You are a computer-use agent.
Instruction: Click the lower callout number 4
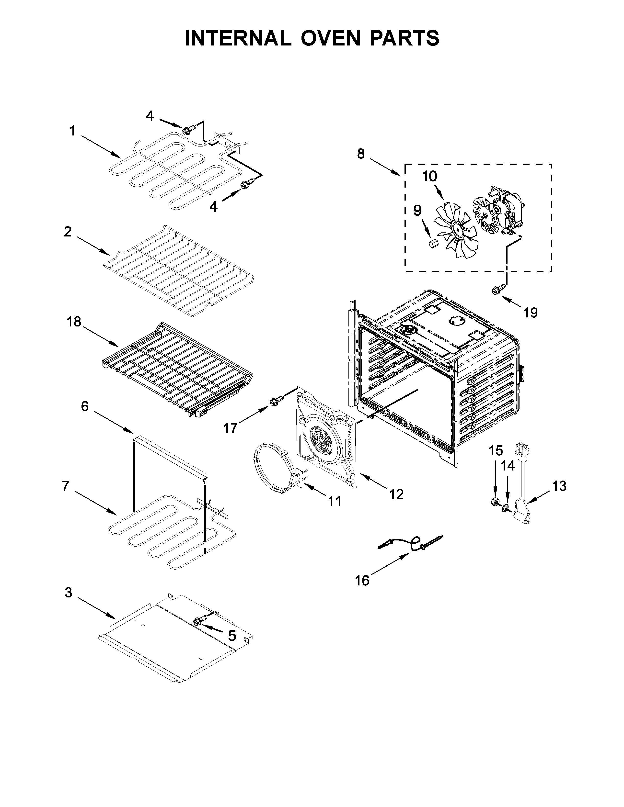213,207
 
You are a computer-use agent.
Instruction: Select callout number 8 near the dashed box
361,154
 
